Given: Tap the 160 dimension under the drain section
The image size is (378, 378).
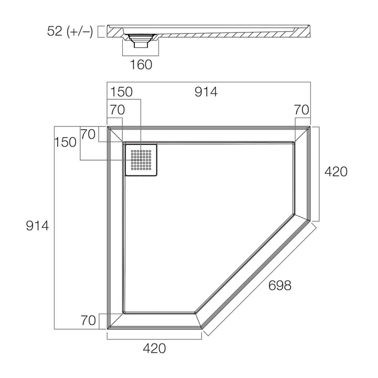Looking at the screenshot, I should tap(141, 65).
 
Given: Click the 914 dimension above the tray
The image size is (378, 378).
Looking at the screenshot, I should tap(206, 92).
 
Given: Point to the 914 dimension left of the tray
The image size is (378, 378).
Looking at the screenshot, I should tap(38, 226).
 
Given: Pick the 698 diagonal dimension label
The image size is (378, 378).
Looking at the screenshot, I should tap(279, 286).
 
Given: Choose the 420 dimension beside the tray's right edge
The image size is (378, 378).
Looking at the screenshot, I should tap(335, 172).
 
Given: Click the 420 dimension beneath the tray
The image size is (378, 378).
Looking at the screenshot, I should tap(154, 348).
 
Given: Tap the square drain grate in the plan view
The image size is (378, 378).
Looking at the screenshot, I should tap(141, 160).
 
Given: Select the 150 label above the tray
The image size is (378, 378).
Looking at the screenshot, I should tap(121, 92).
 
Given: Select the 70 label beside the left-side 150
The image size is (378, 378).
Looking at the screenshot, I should tap(88, 134).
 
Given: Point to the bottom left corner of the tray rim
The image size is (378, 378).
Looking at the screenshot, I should tap(109, 327).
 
